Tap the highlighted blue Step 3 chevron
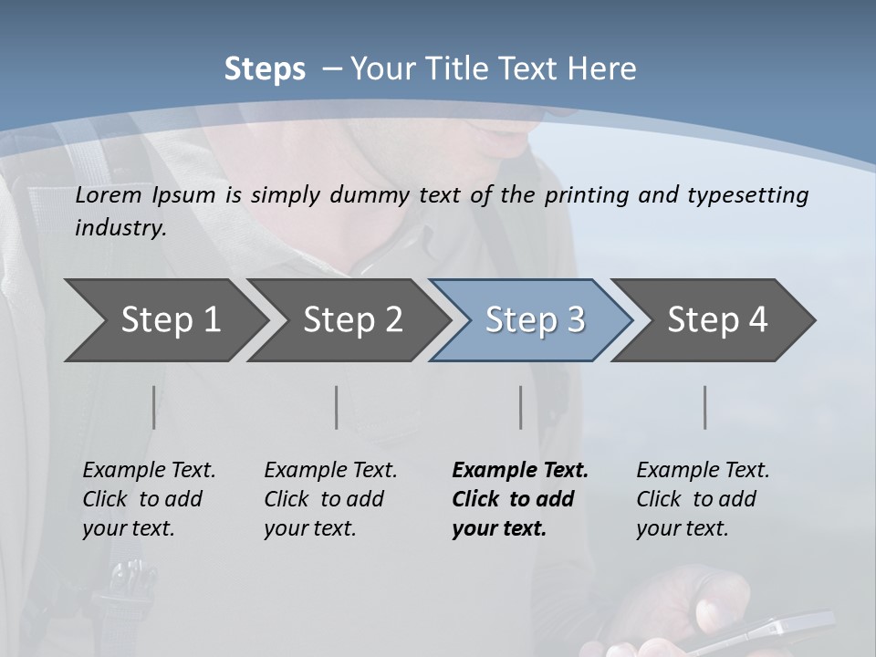pyautogui.click(x=534, y=320)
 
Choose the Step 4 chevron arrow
pyautogui.click(x=716, y=320)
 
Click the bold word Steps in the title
pyautogui.click(x=265, y=69)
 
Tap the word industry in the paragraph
pyautogui.click(x=120, y=227)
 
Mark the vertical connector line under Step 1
pyautogui.click(x=153, y=407)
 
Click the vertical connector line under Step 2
pyautogui.click(x=337, y=407)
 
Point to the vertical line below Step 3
pyautogui.click(x=521, y=407)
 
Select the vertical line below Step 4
pyautogui.click(x=705, y=407)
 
